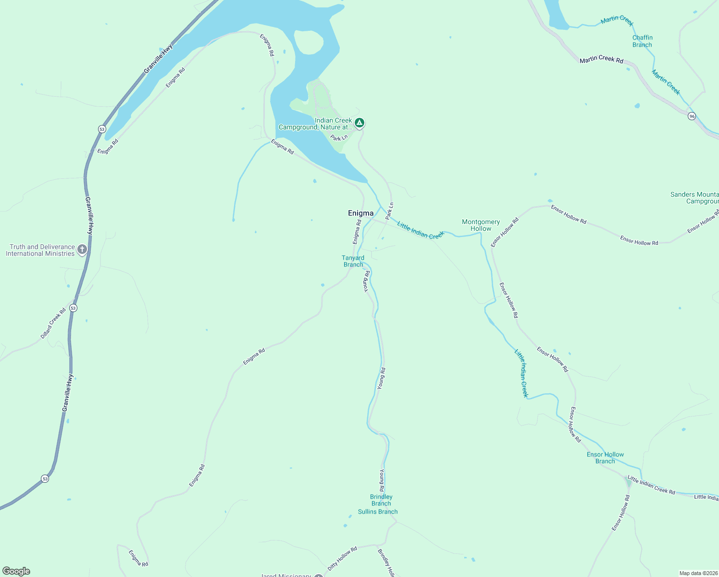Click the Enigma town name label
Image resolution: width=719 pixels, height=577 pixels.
[x=360, y=213]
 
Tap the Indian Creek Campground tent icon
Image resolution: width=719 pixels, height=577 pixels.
[x=359, y=123]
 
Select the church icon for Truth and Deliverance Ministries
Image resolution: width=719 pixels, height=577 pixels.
[x=82, y=249]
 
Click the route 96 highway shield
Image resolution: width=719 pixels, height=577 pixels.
[x=692, y=116]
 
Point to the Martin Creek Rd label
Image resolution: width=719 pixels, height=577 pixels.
[x=601, y=60]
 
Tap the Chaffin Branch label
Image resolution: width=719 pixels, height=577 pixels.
[x=642, y=41]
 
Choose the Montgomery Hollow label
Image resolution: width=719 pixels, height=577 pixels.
[x=481, y=225]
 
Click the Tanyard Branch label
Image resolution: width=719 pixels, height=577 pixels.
[x=353, y=261]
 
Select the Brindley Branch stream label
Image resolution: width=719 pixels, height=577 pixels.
[x=381, y=500]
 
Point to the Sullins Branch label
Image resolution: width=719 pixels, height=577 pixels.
[x=378, y=512]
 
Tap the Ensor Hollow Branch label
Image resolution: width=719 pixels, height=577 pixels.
[x=605, y=458]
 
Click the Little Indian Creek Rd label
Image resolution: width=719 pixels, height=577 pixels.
[x=651, y=485]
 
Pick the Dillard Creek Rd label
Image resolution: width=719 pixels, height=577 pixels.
[x=53, y=323]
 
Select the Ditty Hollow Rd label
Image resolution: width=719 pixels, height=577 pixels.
[x=342, y=559]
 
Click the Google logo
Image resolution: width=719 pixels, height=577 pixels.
[x=16, y=571]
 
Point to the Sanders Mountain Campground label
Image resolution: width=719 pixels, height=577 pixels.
[x=694, y=198]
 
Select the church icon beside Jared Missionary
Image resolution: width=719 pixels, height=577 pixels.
[x=318, y=575]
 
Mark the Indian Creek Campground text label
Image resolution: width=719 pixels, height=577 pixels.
[x=315, y=124]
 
